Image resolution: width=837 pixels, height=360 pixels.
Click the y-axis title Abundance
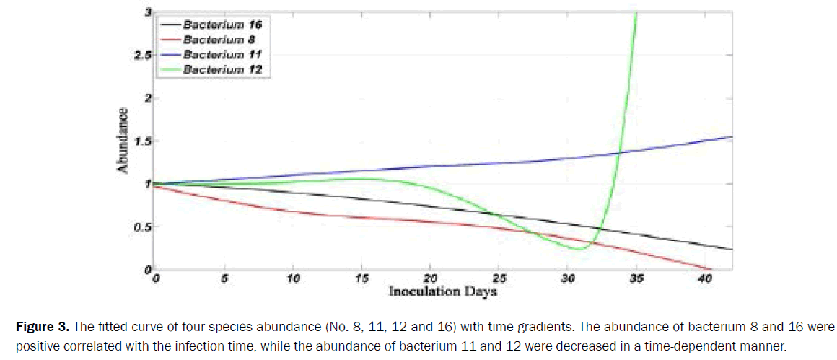[124, 140]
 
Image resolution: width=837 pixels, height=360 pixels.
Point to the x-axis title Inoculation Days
[442, 292]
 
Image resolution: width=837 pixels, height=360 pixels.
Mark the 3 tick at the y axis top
[147, 12]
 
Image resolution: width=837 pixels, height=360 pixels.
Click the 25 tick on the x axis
[499, 278]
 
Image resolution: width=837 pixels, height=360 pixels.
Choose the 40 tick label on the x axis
[705, 278]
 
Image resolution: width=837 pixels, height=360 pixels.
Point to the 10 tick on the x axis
[292, 278]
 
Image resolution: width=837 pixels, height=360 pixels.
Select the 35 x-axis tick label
[636, 278]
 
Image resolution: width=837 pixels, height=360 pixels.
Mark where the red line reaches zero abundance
[707, 270]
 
